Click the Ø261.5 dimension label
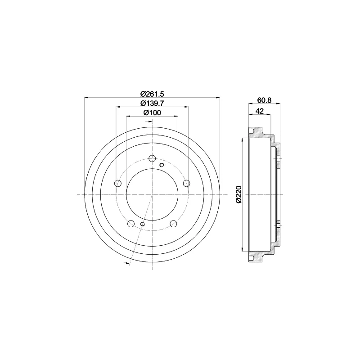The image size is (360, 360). pyautogui.click(x=152, y=94)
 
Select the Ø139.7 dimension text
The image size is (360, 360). pyautogui.click(x=152, y=103)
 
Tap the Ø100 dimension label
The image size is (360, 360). pyautogui.click(x=152, y=113)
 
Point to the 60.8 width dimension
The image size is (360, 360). pyautogui.click(x=264, y=100)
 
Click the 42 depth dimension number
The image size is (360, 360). pyautogui.click(x=260, y=111)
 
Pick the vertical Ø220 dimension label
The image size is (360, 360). pyautogui.click(x=239, y=194)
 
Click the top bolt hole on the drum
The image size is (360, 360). pyautogui.click(x=152, y=158)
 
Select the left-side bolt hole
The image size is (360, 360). pyautogui.click(x=118, y=183)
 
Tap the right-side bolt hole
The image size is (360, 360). pyautogui.click(x=187, y=183)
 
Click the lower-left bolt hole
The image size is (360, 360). pyautogui.click(x=131, y=224)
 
